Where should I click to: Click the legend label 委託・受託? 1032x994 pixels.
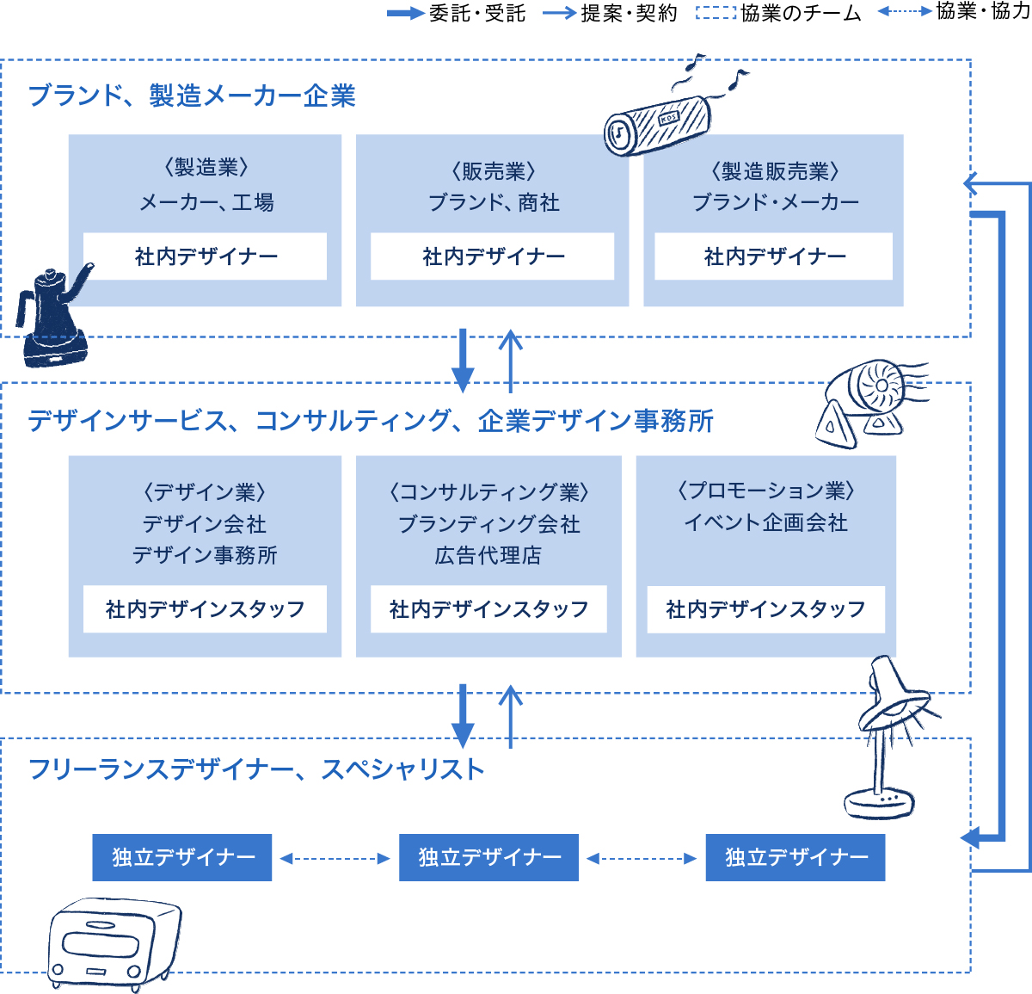pyautogui.click(x=477, y=13)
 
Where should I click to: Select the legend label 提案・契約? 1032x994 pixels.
pyautogui.click(x=629, y=13)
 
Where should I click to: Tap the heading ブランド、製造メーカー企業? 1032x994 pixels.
pyautogui.click(x=192, y=96)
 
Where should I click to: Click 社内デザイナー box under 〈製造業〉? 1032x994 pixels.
pyautogui.click(x=205, y=256)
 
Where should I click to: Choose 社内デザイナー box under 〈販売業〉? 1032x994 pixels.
pyautogui.click(x=493, y=256)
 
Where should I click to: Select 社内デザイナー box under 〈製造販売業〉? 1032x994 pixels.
pyautogui.click(x=774, y=256)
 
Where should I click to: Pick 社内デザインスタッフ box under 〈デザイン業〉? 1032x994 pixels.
pyautogui.click(x=205, y=609)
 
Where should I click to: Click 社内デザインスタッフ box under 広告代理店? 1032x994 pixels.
pyautogui.click(x=488, y=609)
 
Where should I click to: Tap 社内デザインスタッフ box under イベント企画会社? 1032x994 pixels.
pyautogui.click(x=765, y=609)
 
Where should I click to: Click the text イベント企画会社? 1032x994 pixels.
pyautogui.click(x=765, y=523)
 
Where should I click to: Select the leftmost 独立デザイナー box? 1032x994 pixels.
pyautogui.click(x=182, y=857)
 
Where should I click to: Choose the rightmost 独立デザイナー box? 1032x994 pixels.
pyautogui.click(x=795, y=857)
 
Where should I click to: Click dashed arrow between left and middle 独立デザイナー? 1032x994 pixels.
pyautogui.click(x=335, y=858)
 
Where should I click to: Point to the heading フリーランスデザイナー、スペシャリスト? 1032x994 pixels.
pyautogui.click(x=256, y=769)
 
